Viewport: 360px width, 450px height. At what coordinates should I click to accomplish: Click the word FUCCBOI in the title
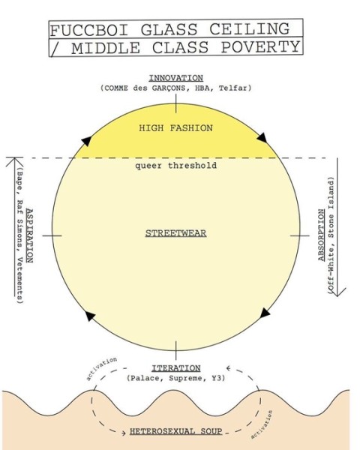tap(89, 30)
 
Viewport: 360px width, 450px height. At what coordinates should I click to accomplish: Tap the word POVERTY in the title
tap(261, 47)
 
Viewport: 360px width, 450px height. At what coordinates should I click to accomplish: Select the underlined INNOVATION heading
tap(176, 78)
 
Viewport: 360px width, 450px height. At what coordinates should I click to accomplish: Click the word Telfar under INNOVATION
tap(235, 88)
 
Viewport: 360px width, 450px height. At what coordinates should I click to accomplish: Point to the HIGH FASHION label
tap(176, 128)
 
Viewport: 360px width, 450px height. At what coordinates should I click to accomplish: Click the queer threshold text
tap(176, 166)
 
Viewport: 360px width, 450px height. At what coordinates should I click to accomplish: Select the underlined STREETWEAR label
tap(176, 233)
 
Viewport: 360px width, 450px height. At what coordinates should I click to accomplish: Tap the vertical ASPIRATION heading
tap(29, 235)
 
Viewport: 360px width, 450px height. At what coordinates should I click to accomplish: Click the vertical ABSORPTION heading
tap(322, 235)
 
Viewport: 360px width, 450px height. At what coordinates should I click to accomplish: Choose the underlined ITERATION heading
tap(176, 368)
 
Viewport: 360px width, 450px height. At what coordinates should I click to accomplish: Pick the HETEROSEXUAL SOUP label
tap(176, 431)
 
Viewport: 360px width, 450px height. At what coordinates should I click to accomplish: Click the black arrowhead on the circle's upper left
tap(86, 141)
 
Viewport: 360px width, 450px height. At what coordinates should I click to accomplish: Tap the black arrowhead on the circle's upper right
tap(262, 137)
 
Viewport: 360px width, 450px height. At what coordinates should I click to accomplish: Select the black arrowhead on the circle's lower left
tap(90, 316)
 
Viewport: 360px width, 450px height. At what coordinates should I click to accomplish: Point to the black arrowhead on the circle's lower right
tap(265, 313)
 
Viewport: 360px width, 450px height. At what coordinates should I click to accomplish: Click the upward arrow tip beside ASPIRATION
tap(15, 157)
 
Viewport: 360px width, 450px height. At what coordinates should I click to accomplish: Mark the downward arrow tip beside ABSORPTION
tap(337, 296)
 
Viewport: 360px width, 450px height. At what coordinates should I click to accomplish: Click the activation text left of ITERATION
tap(102, 368)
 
